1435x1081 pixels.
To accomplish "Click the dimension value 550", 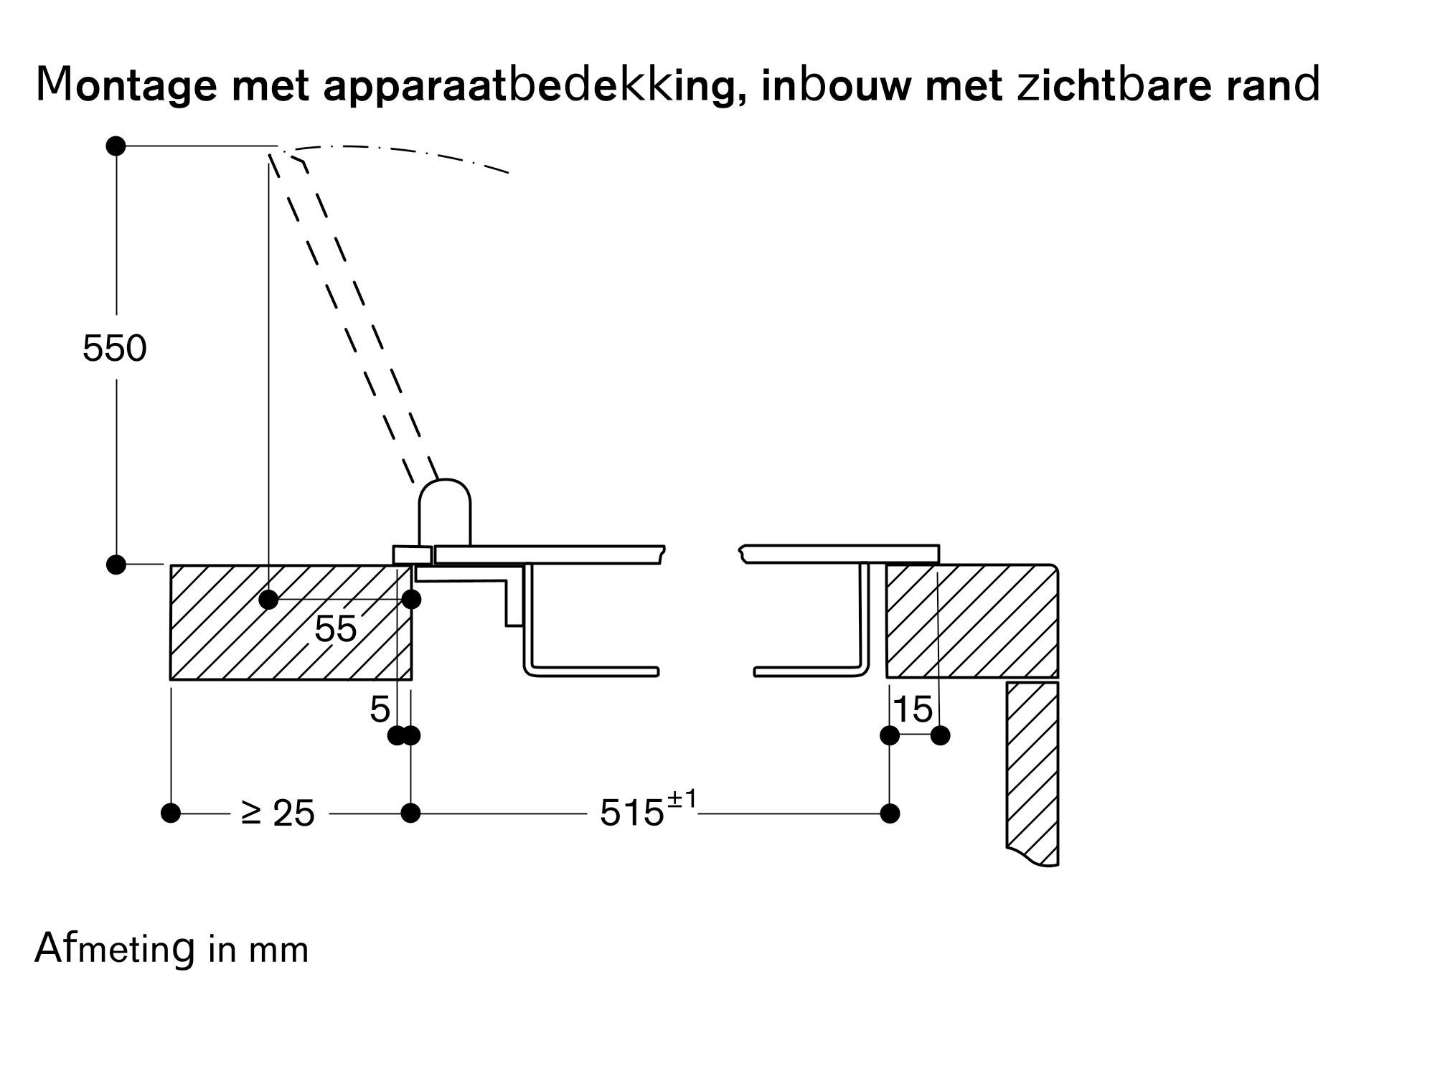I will tap(115, 349).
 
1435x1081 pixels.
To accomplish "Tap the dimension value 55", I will tap(335, 629).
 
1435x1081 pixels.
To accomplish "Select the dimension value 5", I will tap(380, 710).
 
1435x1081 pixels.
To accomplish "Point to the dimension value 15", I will tap(913, 710).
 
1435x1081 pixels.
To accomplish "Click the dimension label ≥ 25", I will tap(278, 813).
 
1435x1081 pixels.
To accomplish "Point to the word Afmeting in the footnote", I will tap(115, 950).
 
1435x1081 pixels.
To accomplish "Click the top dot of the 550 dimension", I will tap(116, 146).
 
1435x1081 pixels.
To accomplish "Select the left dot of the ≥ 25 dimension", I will tap(171, 813).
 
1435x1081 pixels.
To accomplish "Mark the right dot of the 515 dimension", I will tap(890, 813).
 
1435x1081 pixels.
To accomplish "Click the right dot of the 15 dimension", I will tap(940, 735).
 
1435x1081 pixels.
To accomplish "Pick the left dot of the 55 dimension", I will tap(268, 599).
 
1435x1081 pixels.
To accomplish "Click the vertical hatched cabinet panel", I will tap(1032, 771).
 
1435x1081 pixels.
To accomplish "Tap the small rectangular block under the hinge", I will tap(413, 555).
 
